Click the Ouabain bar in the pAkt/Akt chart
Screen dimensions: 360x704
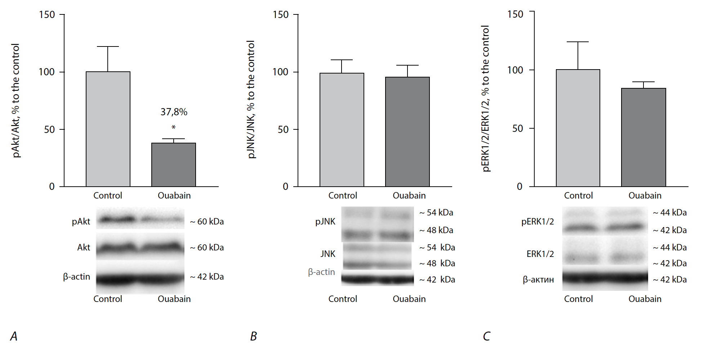[173, 165]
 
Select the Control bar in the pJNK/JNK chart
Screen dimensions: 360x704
[342, 130]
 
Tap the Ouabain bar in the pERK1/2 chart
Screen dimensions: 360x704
[643, 137]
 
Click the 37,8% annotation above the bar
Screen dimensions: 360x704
[174, 112]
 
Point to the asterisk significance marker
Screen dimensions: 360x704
[174, 127]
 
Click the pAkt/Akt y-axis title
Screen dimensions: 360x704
[15, 101]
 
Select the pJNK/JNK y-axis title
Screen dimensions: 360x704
[251, 99]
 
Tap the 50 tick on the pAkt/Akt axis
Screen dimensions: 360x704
[49, 129]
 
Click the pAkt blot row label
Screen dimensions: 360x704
[81, 221]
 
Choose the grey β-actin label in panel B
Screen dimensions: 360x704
[321, 272]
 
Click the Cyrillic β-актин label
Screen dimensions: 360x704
[538, 280]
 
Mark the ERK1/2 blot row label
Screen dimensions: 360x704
[540, 254]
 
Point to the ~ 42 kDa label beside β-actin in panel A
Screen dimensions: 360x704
[207, 277]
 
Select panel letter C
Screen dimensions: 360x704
[486, 336]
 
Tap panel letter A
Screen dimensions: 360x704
[14, 336]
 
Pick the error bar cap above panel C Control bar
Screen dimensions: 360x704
[578, 42]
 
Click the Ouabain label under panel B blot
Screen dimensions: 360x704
[409, 299]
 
